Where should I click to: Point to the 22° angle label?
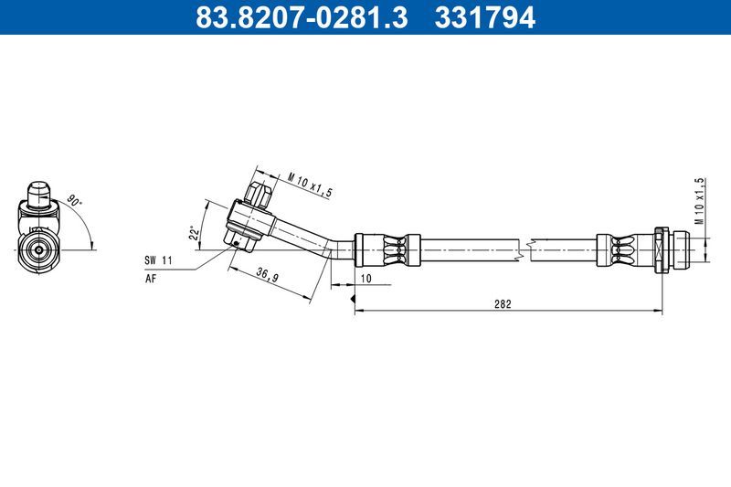pos(194,234)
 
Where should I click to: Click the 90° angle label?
pos(72,200)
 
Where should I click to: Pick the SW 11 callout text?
pos(157,260)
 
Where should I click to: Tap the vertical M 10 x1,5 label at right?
pos(699,201)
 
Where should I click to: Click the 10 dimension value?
pos(365,277)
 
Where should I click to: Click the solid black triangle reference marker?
pos(352,297)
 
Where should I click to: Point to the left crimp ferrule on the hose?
pos(387,247)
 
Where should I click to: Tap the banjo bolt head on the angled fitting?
pos(258,194)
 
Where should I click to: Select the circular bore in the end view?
pos(37,248)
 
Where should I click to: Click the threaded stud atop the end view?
pos(38,193)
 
